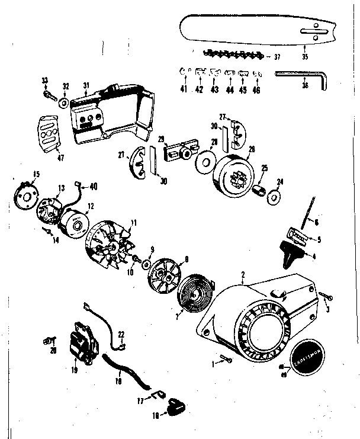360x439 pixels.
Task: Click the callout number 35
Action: click(x=305, y=57)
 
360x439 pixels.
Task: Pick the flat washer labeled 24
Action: click(x=275, y=196)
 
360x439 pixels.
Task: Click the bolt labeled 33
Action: click(x=48, y=94)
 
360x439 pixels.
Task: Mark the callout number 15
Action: click(x=20, y=174)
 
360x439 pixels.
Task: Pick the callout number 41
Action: click(x=184, y=89)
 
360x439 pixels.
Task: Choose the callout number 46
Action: click(x=256, y=89)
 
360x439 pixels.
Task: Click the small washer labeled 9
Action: click(x=145, y=262)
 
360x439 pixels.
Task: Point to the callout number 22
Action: click(x=121, y=334)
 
